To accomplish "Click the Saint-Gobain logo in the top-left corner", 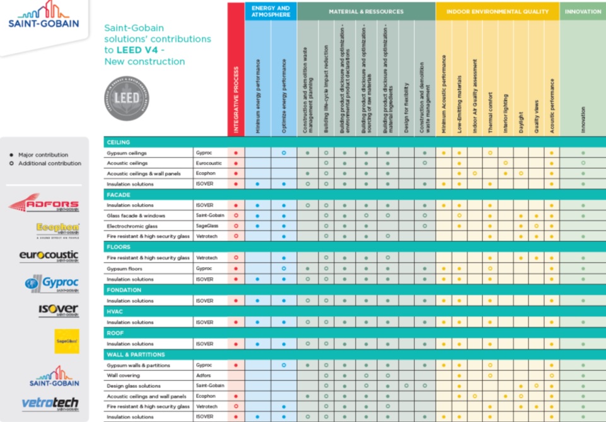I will [44, 16].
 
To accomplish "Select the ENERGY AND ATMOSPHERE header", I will [270, 11].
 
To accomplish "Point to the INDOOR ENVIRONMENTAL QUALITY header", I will [497, 11].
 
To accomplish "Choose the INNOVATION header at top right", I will [583, 11].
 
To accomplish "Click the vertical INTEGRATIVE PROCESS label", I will [236, 101].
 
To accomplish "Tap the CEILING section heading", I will [119, 142].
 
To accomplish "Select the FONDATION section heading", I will [122, 290].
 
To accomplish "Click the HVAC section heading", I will [115, 312].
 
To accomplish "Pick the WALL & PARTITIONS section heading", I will [136, 355].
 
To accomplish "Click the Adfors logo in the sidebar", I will [44, 204].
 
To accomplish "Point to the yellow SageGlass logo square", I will [66, 341].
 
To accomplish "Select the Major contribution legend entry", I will [43, 155].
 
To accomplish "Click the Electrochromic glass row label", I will [136, 225].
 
